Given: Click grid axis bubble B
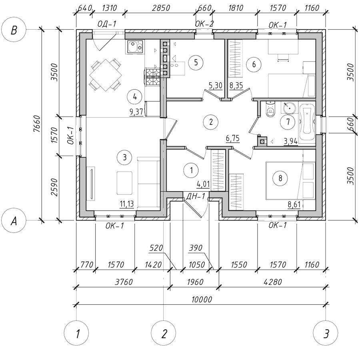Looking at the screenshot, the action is click(x=14, y=30).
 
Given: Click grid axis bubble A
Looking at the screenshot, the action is click(x=14, y=221).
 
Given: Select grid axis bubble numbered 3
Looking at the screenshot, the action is click(x=326, y=333).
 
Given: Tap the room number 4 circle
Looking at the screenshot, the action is click(x=135, y=97).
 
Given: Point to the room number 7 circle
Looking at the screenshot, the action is click(x=288, y=122).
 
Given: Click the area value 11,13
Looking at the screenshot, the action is click(x=127, y=204).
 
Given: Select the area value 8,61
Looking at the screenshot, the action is click(x=294, y=204).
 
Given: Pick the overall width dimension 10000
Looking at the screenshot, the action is click(x=202, y=299).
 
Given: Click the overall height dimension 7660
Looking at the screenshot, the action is click(x=37, y=124).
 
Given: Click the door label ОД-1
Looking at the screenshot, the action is click(x=107, y=24).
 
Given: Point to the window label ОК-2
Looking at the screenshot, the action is click(x=204, y=24).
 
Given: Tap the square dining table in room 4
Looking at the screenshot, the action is click(x=106, y=75).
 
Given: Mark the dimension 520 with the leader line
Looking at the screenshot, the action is click(x=156, y=248).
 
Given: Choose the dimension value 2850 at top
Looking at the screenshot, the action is click(x=161, y=8).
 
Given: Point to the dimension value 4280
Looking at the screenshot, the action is click(x=272, y=282).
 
